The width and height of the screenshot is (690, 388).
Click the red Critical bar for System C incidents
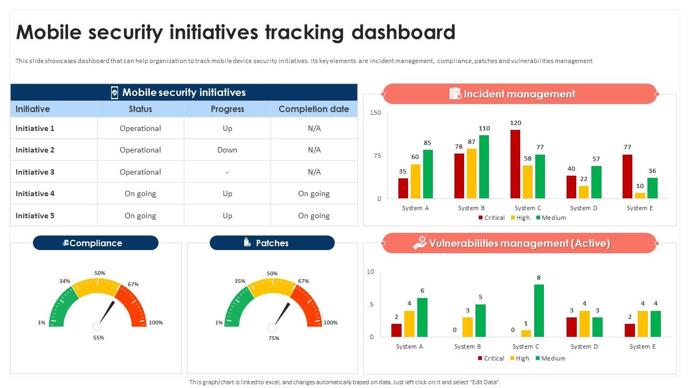(515, 164)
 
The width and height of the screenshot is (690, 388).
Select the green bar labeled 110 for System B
(484, 167)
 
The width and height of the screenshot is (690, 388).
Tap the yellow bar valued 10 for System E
(640, 196)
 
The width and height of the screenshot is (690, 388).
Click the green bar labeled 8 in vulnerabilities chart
(539, 311)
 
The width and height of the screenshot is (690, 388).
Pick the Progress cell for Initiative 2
(227, 150)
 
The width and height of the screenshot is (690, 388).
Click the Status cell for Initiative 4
(140, 193)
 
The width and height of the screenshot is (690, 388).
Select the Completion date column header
(314, 109)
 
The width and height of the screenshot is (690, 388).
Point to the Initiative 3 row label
(35, 172)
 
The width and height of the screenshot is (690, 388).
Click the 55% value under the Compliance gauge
(98, 338)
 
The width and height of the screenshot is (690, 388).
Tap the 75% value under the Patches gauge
(274, 338)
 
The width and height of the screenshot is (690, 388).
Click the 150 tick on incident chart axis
(376, 113)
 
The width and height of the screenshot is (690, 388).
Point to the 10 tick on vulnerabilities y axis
(370, 272)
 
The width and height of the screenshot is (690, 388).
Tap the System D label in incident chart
(584, 208)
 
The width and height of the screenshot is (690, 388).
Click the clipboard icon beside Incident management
(455, 94)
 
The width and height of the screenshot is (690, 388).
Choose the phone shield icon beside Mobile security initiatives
(114, 93)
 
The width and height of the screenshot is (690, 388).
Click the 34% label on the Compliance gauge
(65, 281)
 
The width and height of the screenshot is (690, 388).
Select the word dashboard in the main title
(403, 32)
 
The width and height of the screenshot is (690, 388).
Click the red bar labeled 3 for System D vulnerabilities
(571, 327)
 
